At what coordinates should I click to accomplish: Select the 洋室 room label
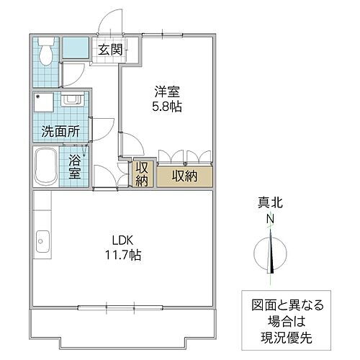click(x=166, y=92)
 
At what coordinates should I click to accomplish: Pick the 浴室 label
click(x=75, y=168)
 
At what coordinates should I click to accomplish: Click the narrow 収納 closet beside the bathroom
click(x=140, y=174)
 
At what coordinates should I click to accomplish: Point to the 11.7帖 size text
click(x=121, y=254)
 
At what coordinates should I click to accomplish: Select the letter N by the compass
click(x=271, y=220)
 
